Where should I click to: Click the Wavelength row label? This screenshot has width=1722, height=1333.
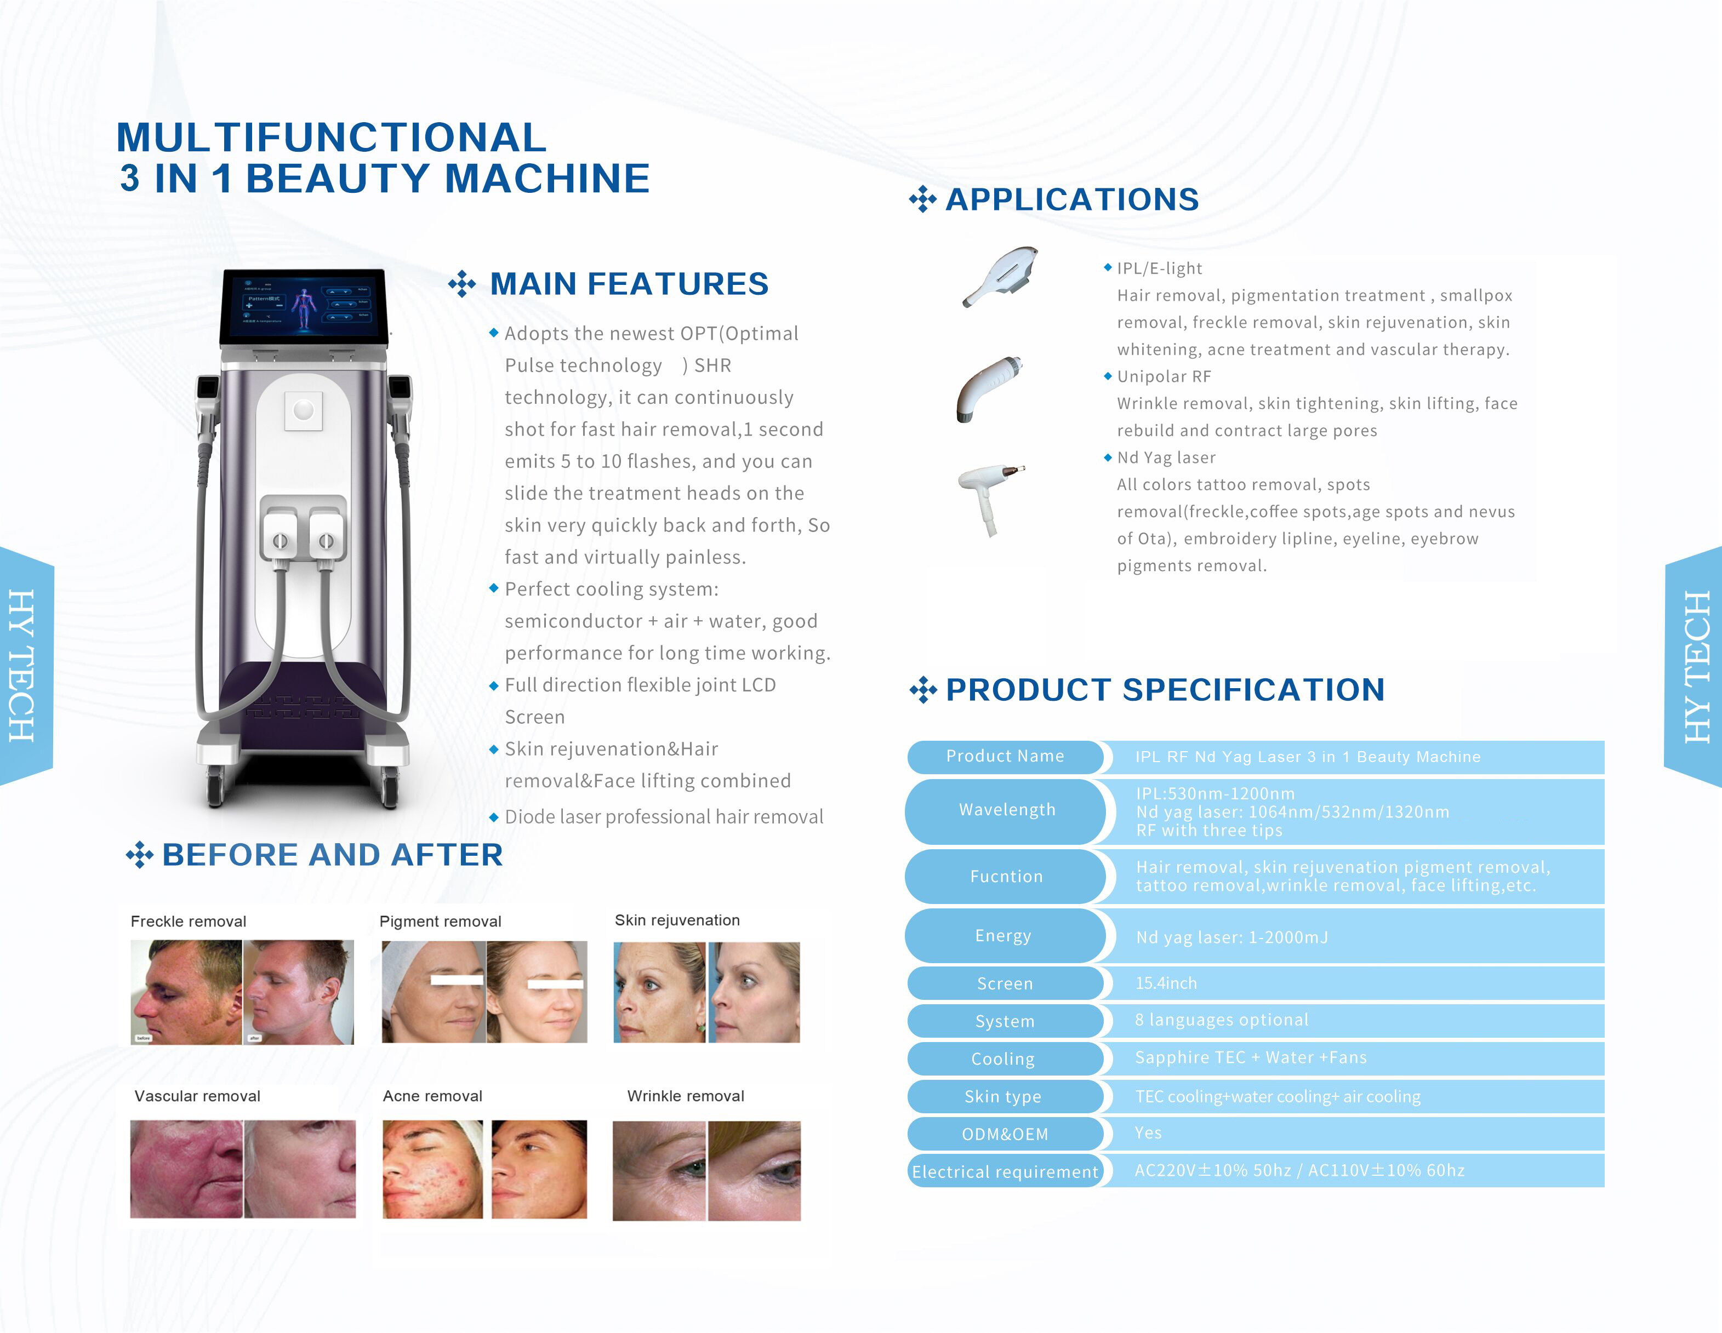pyautogui.click(x=1006, y=810)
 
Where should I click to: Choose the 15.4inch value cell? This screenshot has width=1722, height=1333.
pyautogui.click(x=1165, y=983)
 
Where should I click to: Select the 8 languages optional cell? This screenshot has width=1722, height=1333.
pyautogui.click(x=1221, y=1020)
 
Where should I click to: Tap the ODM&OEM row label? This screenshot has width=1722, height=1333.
pyautogui.click(x=1005, y=1134)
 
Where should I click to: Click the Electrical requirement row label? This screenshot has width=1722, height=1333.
pyautogui.click(x=1005, y=1171)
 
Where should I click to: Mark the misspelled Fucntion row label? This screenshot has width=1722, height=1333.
pyautogui.click(x=1006, y=877)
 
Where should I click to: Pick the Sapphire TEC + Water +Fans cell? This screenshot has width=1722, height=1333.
pyautogui.click(x=1251, y=1057)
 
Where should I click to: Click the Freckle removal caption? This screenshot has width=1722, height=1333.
pyautogui.click(x=189, y=922)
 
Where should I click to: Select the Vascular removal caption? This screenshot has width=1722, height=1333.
pyautogui.click(x=197, y=1096)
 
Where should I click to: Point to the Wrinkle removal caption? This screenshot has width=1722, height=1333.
pyautogui.click(x=685, y=1096)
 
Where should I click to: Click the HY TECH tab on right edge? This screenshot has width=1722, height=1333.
pyautogui.click(x=1695, y=666)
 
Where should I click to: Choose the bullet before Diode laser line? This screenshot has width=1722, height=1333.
pyautogui.click(x=494, y=817)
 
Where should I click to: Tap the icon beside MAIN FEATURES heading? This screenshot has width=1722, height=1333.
pyautogui.click(x=462, y=284)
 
